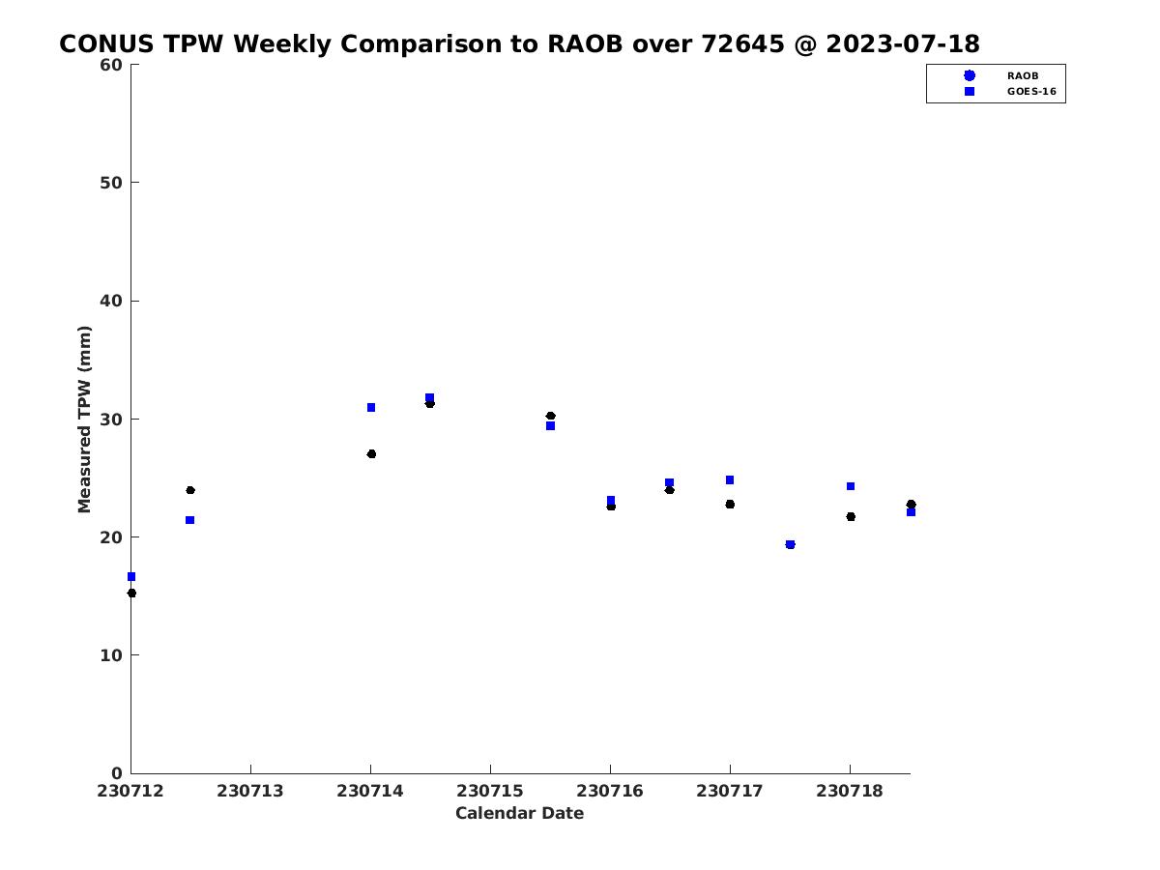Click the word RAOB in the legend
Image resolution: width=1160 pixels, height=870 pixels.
[1022, 76]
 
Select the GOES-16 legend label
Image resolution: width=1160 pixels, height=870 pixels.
[1031, 92]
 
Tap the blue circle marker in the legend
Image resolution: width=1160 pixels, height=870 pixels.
[970, 75]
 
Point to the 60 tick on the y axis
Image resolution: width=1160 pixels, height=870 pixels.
[111, 65]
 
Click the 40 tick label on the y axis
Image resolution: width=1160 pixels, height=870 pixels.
[111, 301]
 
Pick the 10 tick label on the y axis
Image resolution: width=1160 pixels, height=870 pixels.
[111, 655]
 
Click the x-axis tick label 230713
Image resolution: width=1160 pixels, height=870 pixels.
[250, 791]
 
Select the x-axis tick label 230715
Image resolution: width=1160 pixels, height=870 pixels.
[490, 791]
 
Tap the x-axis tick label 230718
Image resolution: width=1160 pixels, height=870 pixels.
[850, 791]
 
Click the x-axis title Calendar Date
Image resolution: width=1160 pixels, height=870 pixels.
[519, 813]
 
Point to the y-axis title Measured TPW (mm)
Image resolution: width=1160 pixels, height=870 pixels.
[84, 419]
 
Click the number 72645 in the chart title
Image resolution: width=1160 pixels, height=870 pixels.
[742, 43]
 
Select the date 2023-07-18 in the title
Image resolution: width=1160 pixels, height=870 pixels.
[903, 43]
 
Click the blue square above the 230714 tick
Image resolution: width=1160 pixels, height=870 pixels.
[371, 407]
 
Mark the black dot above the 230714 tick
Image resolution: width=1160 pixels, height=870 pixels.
[371, 453]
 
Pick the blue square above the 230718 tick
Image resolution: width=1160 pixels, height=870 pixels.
[851, 486]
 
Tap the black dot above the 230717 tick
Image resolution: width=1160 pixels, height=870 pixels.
[730, 504]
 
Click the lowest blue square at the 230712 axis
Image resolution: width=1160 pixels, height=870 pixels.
[131, 576]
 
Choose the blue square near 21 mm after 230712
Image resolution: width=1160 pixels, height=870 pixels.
[189, 520]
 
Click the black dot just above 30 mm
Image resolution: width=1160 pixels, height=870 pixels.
[550, 416]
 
